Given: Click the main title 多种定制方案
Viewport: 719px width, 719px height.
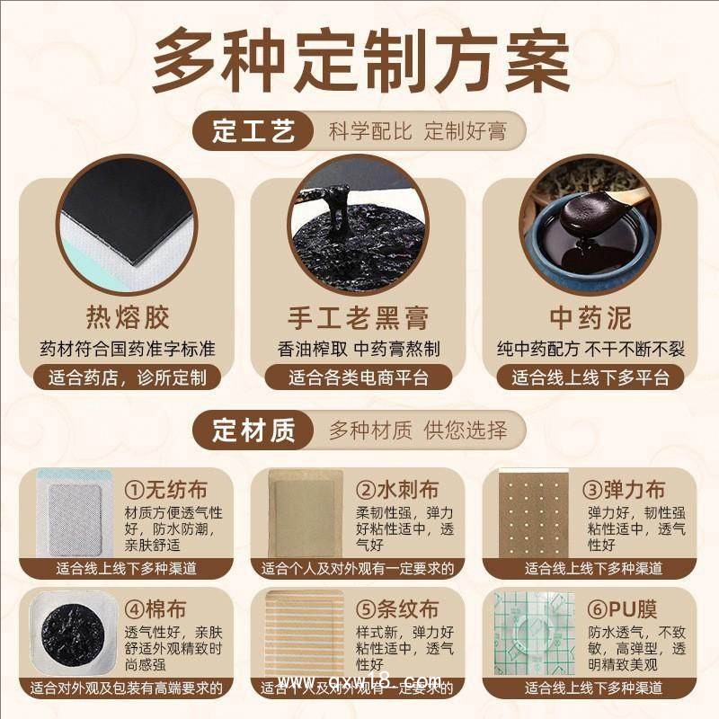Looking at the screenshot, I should coord(359,62).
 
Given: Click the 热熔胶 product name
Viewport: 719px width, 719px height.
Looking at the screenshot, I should coord(127,317).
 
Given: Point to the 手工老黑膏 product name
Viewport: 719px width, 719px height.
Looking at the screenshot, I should coord(359,317).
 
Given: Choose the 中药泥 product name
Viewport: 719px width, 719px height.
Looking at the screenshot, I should coord(590,317).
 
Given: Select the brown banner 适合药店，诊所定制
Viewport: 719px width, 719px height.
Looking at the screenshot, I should coord(127,377).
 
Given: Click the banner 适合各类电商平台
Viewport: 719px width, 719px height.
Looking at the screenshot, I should coord(359,377).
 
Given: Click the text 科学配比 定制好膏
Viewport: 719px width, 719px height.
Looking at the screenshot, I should coord(414,132).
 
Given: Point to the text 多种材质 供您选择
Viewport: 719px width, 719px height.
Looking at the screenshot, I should coord(418,431).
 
